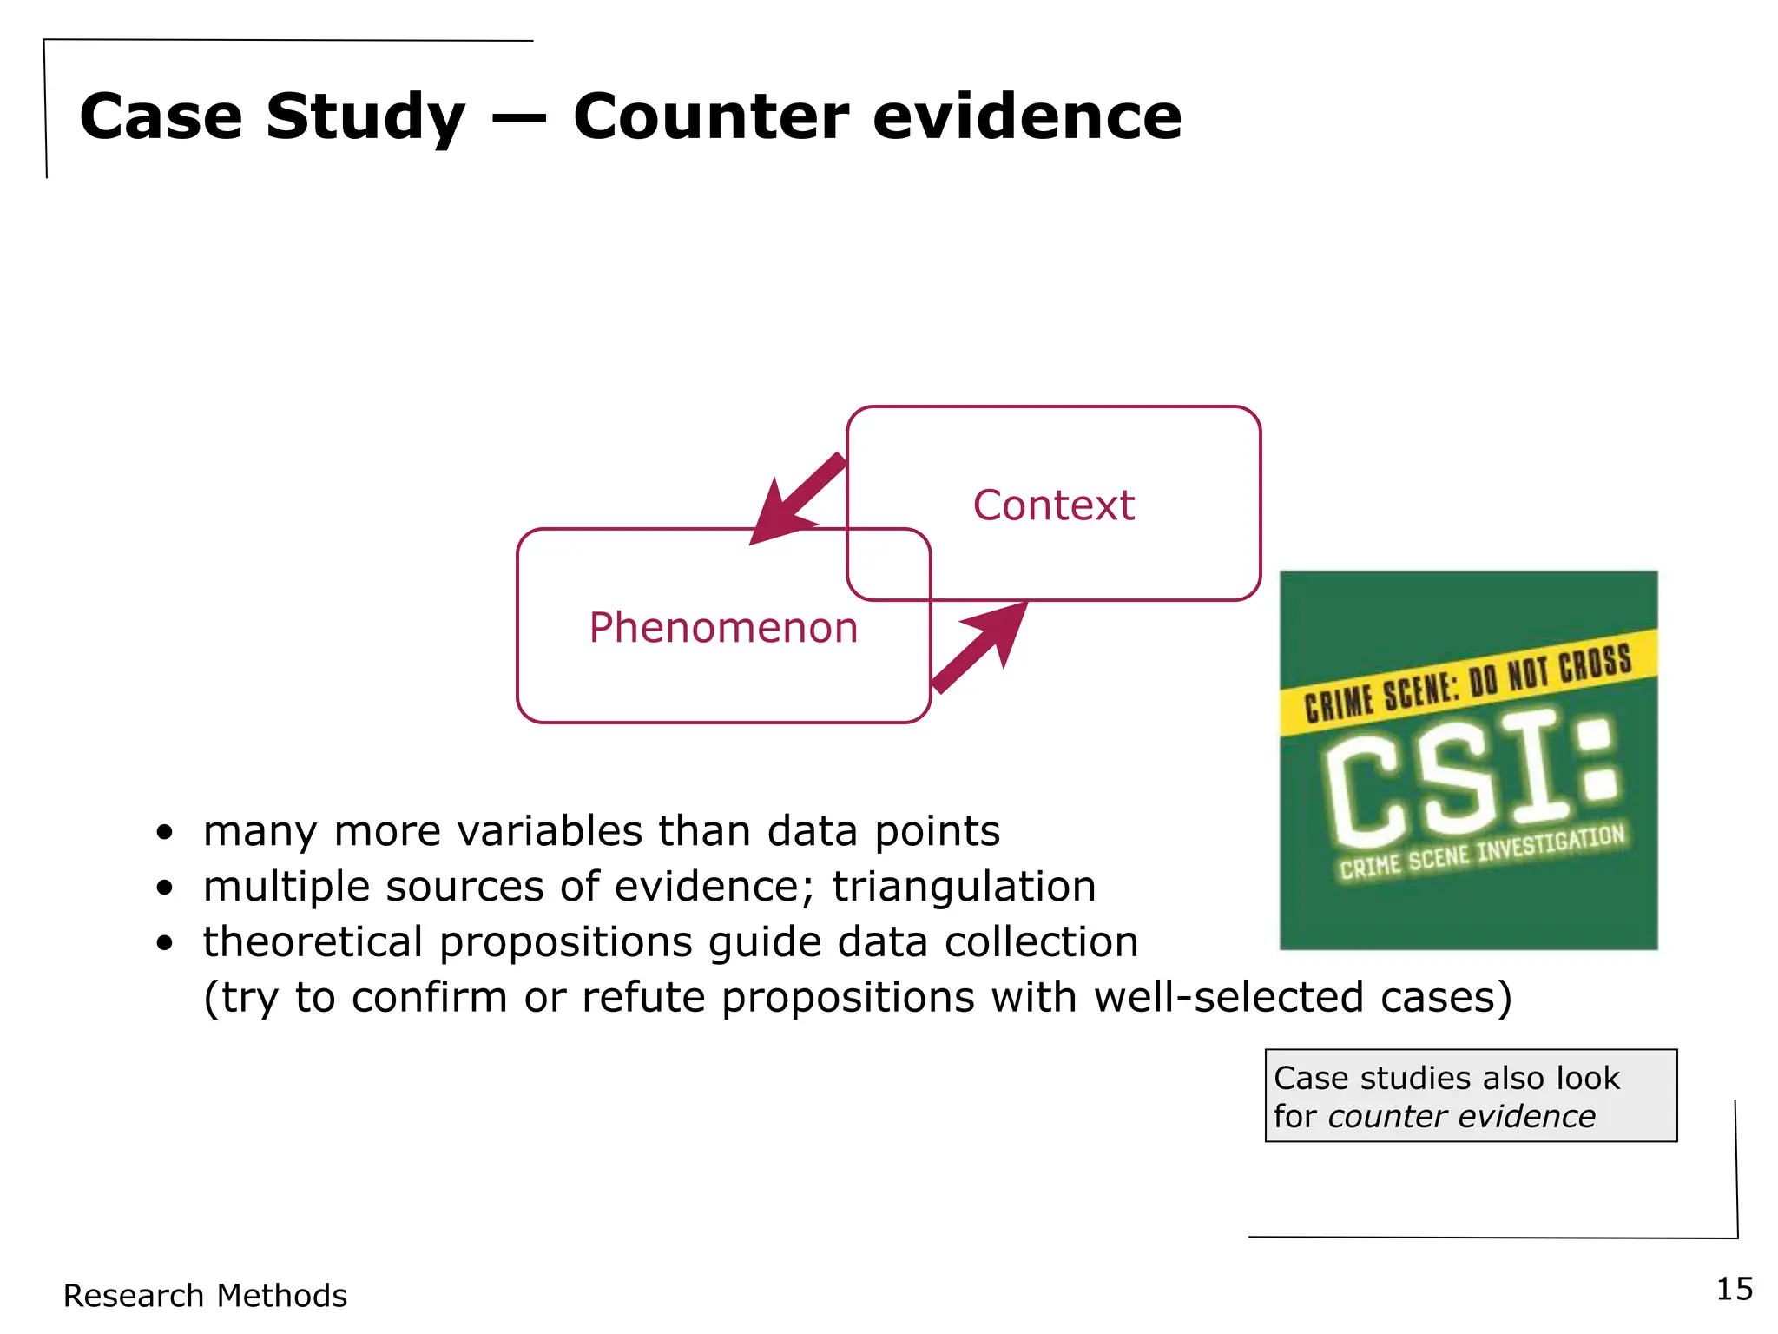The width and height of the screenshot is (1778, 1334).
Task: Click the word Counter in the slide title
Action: click(x=710, y=116)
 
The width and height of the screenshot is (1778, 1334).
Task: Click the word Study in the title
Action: click(x=365, y=118)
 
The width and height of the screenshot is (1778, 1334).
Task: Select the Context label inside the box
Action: click(x=1053, y=505)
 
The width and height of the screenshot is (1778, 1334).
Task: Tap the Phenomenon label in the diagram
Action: click(x=723, y=628)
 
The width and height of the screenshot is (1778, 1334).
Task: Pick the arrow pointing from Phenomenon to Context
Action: click(x=981, y=647)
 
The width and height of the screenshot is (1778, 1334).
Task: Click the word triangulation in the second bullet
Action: click(x=964, y=887)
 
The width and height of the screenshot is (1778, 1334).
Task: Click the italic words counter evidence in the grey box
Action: click(x=1461, y=1116)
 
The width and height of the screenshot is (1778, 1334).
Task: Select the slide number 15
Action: click(x=1734, y=1289)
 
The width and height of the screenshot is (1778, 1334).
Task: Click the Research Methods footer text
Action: click(x=205, y=1296)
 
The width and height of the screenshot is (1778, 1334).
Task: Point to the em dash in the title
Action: click(x=518, y=120)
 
